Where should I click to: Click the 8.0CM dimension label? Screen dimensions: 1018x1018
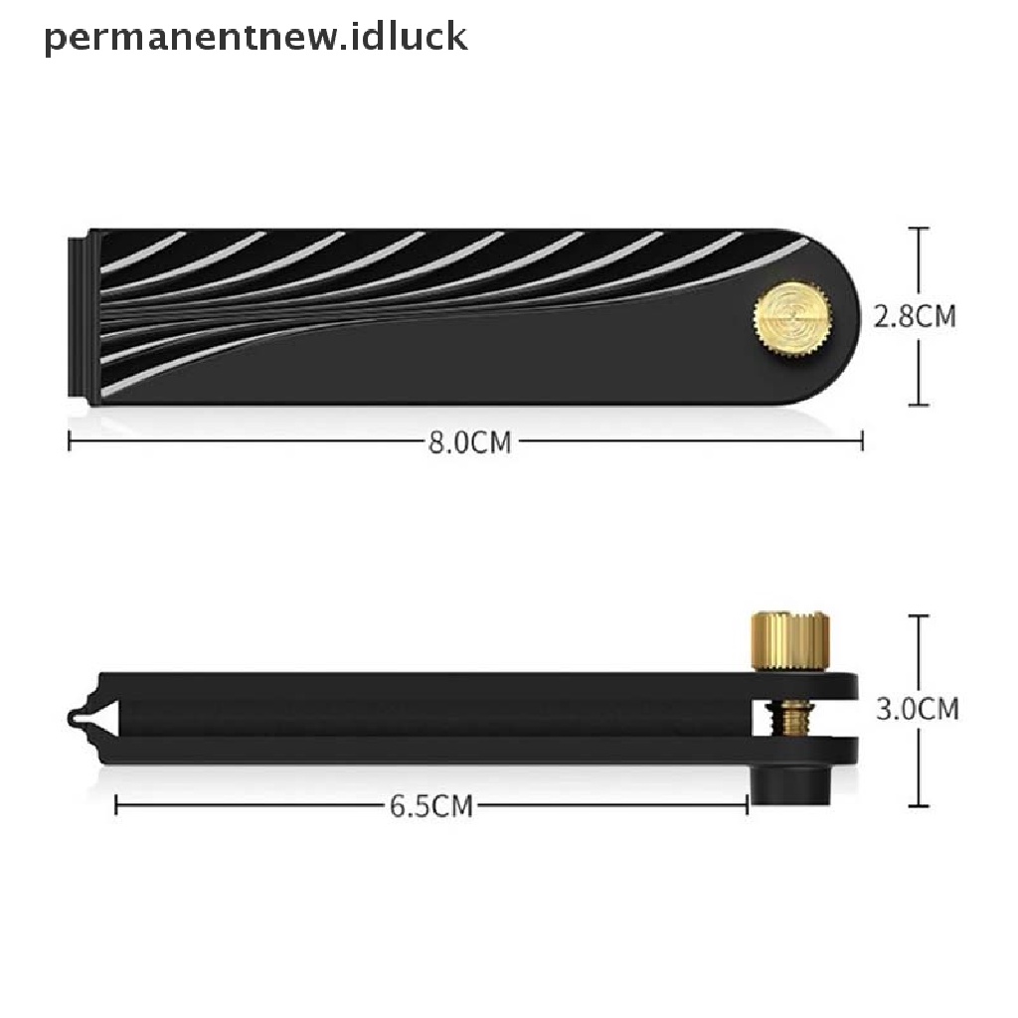tap(470, 442)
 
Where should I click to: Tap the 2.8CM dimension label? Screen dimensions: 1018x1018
tap(915, 317)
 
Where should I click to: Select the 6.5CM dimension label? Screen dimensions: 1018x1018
tap(431, 806)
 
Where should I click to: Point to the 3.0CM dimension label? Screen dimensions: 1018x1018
tap(918, 708)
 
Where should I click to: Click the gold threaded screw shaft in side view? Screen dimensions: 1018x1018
tap(790, 718)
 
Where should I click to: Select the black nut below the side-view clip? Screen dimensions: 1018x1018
tap(790, 784)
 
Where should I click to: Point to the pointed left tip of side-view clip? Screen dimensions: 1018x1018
tap(70, 718)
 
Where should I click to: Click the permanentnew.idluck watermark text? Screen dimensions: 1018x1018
tap(255, 37)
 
